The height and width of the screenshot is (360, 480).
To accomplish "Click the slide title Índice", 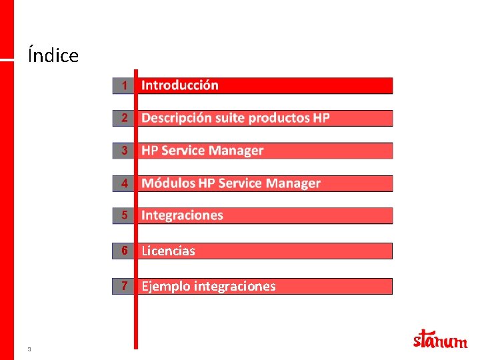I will click(x=53, y=55).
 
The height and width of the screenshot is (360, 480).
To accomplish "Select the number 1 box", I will click(x=123, y=85).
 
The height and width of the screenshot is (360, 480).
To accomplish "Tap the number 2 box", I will click(x=123, y=118).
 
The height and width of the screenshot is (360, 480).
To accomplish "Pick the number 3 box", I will click(x=123, y=151).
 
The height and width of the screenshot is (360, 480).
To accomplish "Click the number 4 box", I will click(x=123, y=183).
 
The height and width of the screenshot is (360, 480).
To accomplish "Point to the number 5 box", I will click(x=123, y=215).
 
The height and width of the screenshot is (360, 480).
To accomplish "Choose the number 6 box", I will click(x=123, y=251).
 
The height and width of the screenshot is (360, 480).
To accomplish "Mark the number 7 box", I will click(x=123, y=286).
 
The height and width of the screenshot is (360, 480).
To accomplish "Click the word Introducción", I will click(x=180, y=85).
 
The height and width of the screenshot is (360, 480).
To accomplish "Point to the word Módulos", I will click(x=168, y=183).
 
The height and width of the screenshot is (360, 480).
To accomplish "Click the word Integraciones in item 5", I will click(x=182, y=215).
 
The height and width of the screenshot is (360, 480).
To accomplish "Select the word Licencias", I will click(x=168, y=251).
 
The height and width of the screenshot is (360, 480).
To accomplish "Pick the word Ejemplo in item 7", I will click(x=165, y=287).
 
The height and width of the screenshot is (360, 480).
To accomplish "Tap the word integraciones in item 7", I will click(x=233, y=287).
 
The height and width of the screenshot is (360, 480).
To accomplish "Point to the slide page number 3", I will click(x=29, y=349).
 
